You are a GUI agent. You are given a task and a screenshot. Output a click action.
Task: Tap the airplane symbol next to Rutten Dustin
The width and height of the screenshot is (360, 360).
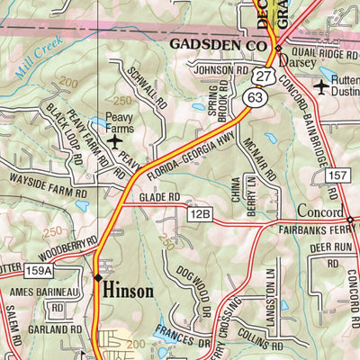pyautogui.click(x=323, y=86)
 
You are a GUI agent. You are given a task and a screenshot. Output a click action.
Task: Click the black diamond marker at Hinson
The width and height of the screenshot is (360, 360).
pyautogui.click(x=97, y=278)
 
